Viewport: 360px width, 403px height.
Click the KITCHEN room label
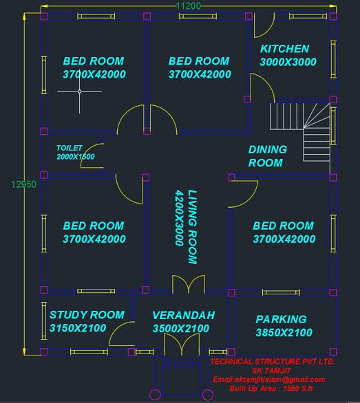point(284,49)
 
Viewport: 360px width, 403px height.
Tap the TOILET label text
point(70,148)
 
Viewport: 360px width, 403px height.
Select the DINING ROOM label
point(268,156)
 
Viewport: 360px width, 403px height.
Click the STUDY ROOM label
point(87,315)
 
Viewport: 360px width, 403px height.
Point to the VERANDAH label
point(184,316)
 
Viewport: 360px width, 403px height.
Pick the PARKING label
point(281,319)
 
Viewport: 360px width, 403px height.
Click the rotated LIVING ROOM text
point(193,227)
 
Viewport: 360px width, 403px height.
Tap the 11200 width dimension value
point(189,6)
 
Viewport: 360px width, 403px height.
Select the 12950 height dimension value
point(23,184)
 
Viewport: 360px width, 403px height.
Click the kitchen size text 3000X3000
point(288,62)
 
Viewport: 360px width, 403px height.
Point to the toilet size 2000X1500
point(76,157)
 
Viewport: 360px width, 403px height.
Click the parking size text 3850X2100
point(284,333)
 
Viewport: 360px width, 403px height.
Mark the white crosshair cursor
point(80,91)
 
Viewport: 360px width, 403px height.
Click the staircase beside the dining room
point(300,132)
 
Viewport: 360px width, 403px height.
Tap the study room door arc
point(114,329)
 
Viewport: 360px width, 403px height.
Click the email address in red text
point(269,380)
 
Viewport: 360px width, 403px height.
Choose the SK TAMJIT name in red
point(271,371)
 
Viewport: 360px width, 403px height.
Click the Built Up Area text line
point(271,389)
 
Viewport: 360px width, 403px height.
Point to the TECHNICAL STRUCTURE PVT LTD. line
point(273,362)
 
